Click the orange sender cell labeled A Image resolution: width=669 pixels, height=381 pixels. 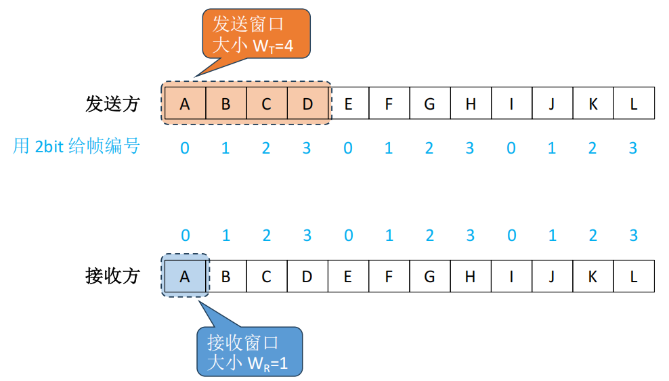pyautogui.click(x=185, y=104)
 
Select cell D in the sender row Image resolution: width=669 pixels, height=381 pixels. pyautogui.click(x=307, y=104)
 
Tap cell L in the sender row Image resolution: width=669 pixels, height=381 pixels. pyautogui.click(x=634, y=104)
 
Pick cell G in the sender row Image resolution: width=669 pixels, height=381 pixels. pyautogui.click(x=429, y=104)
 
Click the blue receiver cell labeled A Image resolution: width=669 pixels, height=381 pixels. pyautogui.click(x=185, y=276)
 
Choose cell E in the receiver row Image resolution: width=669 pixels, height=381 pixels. pyautogui.click(x=348, y=276)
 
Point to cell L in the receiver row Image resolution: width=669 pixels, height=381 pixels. pyautogui.click(x=634, y=276)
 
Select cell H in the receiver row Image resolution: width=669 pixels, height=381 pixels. pyautogui.click(x=471, y=276)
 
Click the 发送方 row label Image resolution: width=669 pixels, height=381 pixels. pyautogui.click(x=112, y=104)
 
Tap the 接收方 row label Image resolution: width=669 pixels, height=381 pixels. pyautogui.click(x=112, y=276)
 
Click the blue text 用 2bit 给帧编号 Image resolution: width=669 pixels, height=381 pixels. pyautogui.click(x=76, y=146)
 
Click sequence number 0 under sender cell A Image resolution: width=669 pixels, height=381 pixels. pyautogui.click(x=185, y=148)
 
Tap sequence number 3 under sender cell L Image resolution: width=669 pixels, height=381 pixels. pyautogui.click(x=633, y=148)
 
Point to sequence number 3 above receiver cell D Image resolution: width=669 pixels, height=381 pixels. pyautogui.click(x=307, y=236)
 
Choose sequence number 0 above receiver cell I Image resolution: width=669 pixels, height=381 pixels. pyautogui.click(x=511, y=236)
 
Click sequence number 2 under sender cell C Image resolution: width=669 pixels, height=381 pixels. pyautogui.click(x=266, y=148)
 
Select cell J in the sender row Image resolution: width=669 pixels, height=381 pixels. pyautogui.click(x=552, y=104)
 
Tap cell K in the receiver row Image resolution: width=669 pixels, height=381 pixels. pyautogui.click(x=593, y=276)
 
